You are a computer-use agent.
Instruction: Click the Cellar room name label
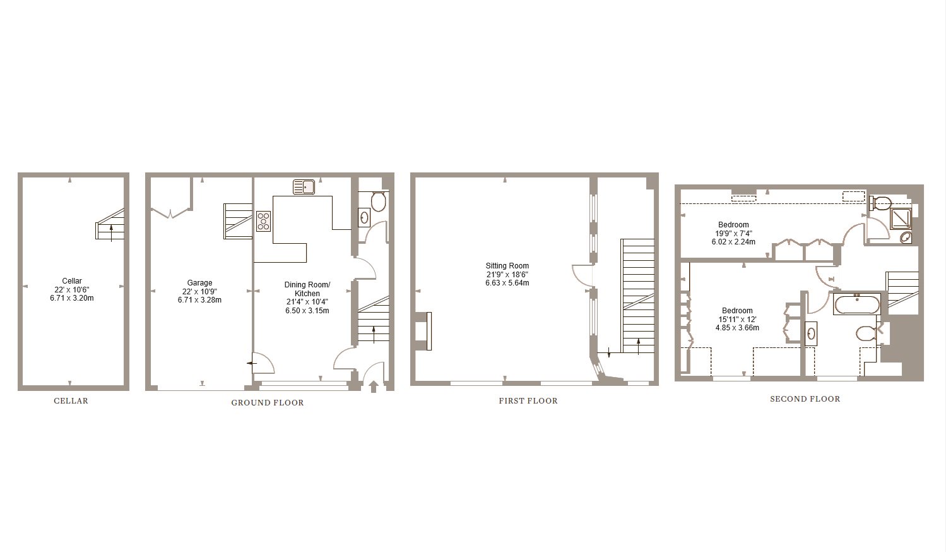[x=72, y=280]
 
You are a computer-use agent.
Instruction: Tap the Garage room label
[x=199, y=283]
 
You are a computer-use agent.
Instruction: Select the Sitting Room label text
[x=507, y=266]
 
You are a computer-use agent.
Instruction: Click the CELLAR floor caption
[x=71, y=400]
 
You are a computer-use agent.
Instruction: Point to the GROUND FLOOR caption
[x=268, y=403]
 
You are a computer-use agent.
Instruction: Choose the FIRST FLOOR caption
[x=528, y=400]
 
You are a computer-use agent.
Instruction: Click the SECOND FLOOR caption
[x=805, y=399]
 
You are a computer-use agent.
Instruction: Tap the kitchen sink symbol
[x=304, y=187]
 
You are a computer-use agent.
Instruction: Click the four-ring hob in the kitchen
[x=264, y=221]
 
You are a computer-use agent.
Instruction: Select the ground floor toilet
[x=378, y=201]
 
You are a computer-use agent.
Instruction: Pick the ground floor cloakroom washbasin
[x=364, y=218]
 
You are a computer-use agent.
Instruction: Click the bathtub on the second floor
[x=857, y=304]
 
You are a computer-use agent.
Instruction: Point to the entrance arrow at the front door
[x=374, y=387]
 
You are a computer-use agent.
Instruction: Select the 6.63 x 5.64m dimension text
[x=507, y=283]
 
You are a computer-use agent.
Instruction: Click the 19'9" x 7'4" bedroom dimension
[x=733, y=233]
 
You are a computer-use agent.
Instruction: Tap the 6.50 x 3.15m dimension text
[x=307, y=311]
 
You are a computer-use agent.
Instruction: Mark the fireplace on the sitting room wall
[x=423, y=331]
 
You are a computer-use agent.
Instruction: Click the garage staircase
[x=238, y=221]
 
